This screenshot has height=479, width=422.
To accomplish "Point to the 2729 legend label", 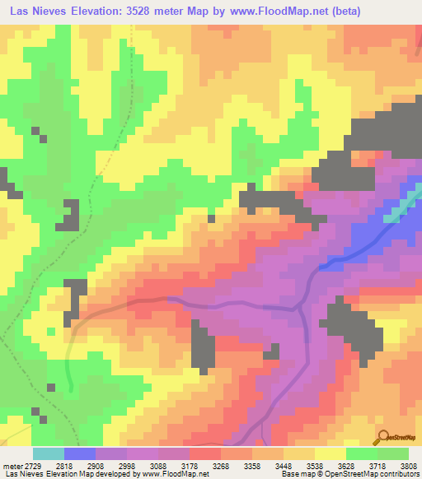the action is (x=32, y=465).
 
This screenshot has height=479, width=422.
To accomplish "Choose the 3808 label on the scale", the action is (x=404, y=465).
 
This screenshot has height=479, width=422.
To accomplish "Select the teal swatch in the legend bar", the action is (x=48, y=453).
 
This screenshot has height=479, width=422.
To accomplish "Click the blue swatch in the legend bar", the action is (x=80, y=453).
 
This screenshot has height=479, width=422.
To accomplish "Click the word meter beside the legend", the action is (x=12, y=465).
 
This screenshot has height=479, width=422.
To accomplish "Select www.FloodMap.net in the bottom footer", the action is (x=173, y=475).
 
